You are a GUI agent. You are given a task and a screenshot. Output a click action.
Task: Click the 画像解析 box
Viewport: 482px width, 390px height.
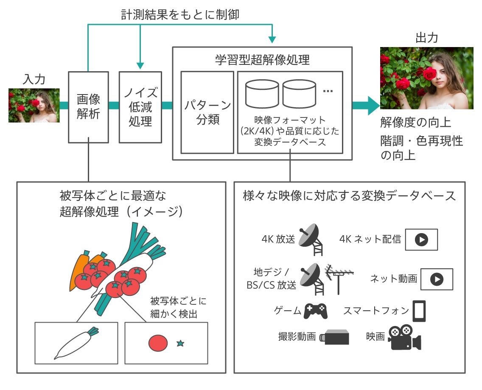(88, 107)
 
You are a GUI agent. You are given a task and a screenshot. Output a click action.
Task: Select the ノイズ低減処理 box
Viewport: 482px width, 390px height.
(140, 107)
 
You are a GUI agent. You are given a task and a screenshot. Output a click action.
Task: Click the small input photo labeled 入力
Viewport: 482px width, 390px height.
(34, 105)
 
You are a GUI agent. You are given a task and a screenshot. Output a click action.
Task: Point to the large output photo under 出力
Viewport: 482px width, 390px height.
(426, 78)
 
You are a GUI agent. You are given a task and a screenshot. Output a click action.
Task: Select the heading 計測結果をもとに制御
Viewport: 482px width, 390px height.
(180, 15)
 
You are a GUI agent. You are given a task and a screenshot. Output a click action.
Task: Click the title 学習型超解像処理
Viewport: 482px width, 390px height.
(262, 59)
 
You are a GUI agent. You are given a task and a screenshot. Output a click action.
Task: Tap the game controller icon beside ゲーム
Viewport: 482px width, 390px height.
(315, 311)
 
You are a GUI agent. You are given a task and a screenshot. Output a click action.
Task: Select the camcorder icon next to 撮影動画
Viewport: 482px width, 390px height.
(335, 337)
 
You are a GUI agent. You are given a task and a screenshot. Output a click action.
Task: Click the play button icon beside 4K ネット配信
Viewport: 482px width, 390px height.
(421, 240)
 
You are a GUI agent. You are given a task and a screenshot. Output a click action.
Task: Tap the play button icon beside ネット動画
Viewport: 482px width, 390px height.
(437, 279)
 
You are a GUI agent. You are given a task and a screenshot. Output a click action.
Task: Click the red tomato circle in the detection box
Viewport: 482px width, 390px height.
(157, 343)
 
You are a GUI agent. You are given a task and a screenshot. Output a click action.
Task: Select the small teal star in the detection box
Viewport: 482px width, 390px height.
(180, 343)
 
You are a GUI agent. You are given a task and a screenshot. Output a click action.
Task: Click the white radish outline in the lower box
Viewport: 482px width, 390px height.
(76, 343)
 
